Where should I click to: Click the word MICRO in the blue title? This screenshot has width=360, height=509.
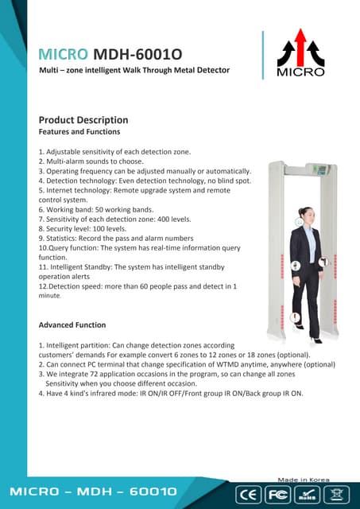click(x=64, y=54)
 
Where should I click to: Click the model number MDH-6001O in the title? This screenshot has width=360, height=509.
click(x=137, y=54)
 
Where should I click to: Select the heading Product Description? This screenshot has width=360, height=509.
click(x=83, y=120)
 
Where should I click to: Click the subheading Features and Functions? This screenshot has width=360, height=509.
click(x=79, y=131)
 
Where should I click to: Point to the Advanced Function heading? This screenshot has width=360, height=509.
click(x=72, y=324)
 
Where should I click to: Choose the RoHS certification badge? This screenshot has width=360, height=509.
click(x=307, y=493)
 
